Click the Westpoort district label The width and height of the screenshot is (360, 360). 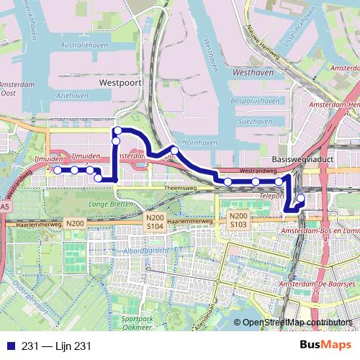[118, 83]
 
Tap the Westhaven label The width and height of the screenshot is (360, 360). [253, 73]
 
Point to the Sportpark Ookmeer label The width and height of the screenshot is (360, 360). [138, 321]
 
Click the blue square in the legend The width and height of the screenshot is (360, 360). [8, 346]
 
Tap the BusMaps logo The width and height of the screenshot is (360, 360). [326, 346]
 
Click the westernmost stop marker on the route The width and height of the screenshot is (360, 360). [58, 170]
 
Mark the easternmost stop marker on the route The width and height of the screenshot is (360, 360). [300, 198]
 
